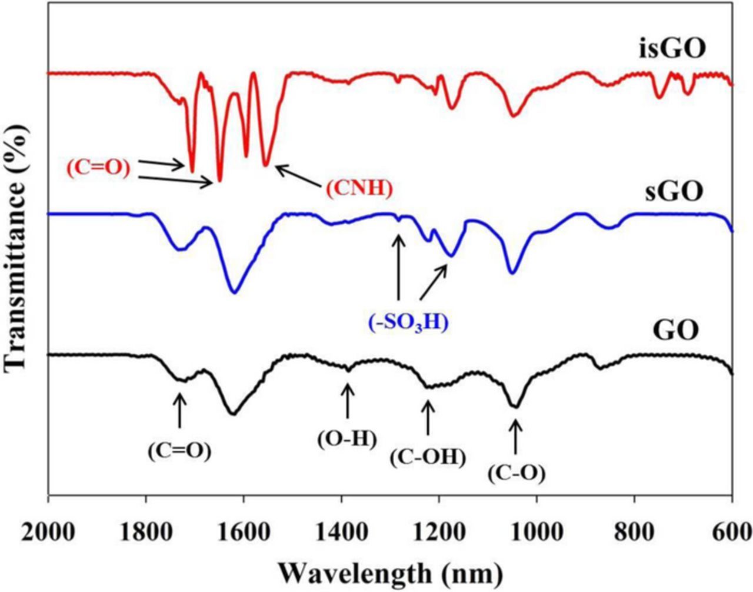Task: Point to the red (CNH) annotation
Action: click(x=357, y=188)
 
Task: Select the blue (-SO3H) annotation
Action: click(x=409, y=322)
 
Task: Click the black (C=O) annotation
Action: click(x=179, y=450)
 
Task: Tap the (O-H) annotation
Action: click(x=346, y=439)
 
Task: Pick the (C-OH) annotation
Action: click(x=428, y=457)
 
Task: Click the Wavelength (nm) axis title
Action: click(x=390, y=573)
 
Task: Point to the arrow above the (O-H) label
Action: click(x=348, y=400)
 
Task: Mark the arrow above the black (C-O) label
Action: click(x=515, y=436)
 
